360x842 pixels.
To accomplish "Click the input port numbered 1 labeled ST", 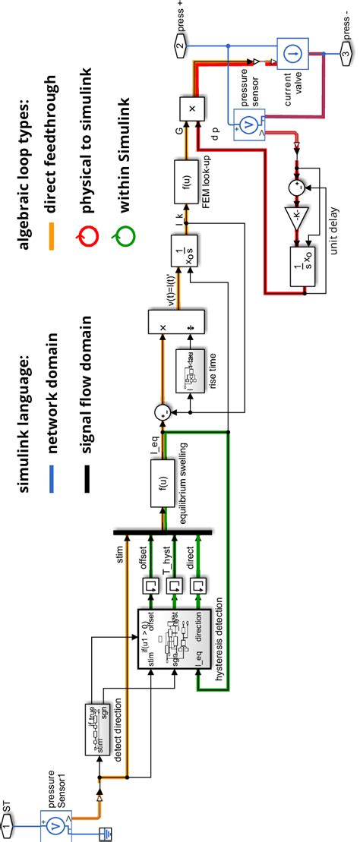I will (x=7, y=823).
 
